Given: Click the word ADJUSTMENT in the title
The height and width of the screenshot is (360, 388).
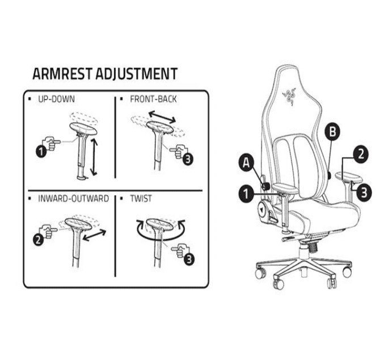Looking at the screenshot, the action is (x=137, y=74).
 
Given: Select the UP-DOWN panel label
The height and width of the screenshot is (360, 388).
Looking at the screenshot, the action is (x=56, y=99).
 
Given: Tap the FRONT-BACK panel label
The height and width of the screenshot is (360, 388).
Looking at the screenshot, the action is (x=153, y=99).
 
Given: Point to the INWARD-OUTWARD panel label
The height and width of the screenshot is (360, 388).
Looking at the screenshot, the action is (x=73, y=199).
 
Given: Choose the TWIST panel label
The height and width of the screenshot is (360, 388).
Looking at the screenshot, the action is (x=141, y=199).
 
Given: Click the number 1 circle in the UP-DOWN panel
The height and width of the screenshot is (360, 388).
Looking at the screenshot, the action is (x=41, y=151).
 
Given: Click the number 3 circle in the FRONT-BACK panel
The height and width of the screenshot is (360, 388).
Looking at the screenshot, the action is (x=188, y=159).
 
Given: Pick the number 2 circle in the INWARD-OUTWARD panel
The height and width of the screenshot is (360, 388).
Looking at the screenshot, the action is (x=39, y=240).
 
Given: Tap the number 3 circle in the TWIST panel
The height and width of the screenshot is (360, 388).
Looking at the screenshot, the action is (x=189, y=259).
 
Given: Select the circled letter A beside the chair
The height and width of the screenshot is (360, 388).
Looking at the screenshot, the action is (x=246, y=163).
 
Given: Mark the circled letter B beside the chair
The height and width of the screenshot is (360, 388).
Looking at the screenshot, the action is (x=332, y=132).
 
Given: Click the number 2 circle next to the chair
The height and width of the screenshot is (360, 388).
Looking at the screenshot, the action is (x=361, y=154).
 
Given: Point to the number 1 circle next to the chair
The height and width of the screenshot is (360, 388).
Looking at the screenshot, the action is (x=246, y=193).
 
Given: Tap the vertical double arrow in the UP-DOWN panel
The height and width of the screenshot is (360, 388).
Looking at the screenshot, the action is (x=94, y=157).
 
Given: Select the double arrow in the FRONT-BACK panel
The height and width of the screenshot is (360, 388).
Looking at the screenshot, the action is (x=162, y=117).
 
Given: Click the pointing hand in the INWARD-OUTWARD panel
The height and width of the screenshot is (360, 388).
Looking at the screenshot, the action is (x=48, y=231).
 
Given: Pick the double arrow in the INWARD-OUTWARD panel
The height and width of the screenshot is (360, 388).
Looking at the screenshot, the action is (x=94, y=235).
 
